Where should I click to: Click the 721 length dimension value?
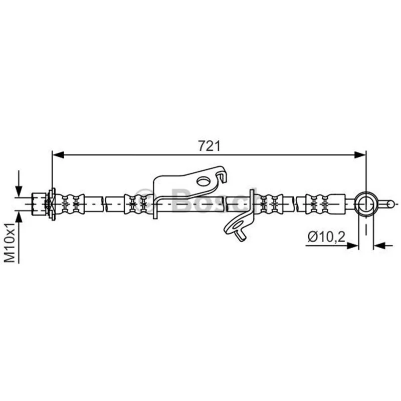pyautogui.click(x=209, y=146)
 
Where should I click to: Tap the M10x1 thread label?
pyautogui.click(x=10, y=242)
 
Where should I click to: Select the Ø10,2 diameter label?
pyautogui.click(x=326, y=237)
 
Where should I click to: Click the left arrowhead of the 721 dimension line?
pyautogui.click(x=58, y=155)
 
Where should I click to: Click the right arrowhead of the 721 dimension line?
pyautogui.click(x=360, y=155)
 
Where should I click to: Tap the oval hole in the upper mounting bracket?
pyautogui.click(x=204, y=181)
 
